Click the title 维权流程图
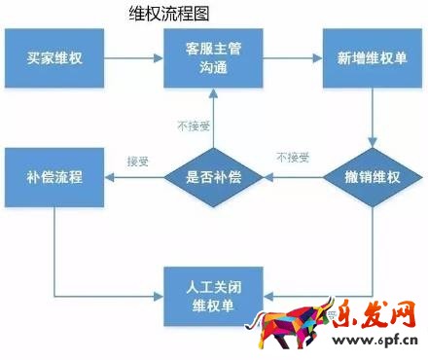(171, 14)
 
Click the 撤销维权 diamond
(373, 178)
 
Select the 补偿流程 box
(54, 178)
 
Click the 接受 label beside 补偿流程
(138, 160)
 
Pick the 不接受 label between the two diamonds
(293, 157)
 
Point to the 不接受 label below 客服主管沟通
(191, 126)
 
